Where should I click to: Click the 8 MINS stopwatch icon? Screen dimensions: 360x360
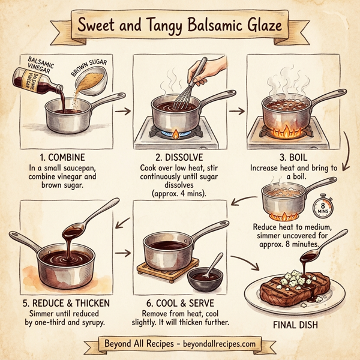(322, 206)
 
